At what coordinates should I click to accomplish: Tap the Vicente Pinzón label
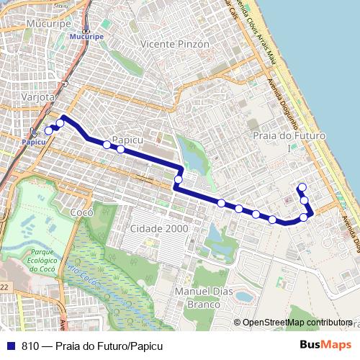(176, 44)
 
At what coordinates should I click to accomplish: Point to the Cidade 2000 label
(159, 228)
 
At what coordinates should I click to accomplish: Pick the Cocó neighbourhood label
(82, 212)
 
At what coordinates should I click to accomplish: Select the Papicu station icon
(33, 132)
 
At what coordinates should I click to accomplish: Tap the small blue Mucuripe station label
(91, 36)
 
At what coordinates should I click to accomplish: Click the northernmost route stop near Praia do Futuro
(302, 187)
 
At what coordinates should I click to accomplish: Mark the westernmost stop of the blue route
(48, 130)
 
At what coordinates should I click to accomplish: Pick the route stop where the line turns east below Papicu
(178, 179)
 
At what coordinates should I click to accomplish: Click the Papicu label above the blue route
(125, 140)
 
